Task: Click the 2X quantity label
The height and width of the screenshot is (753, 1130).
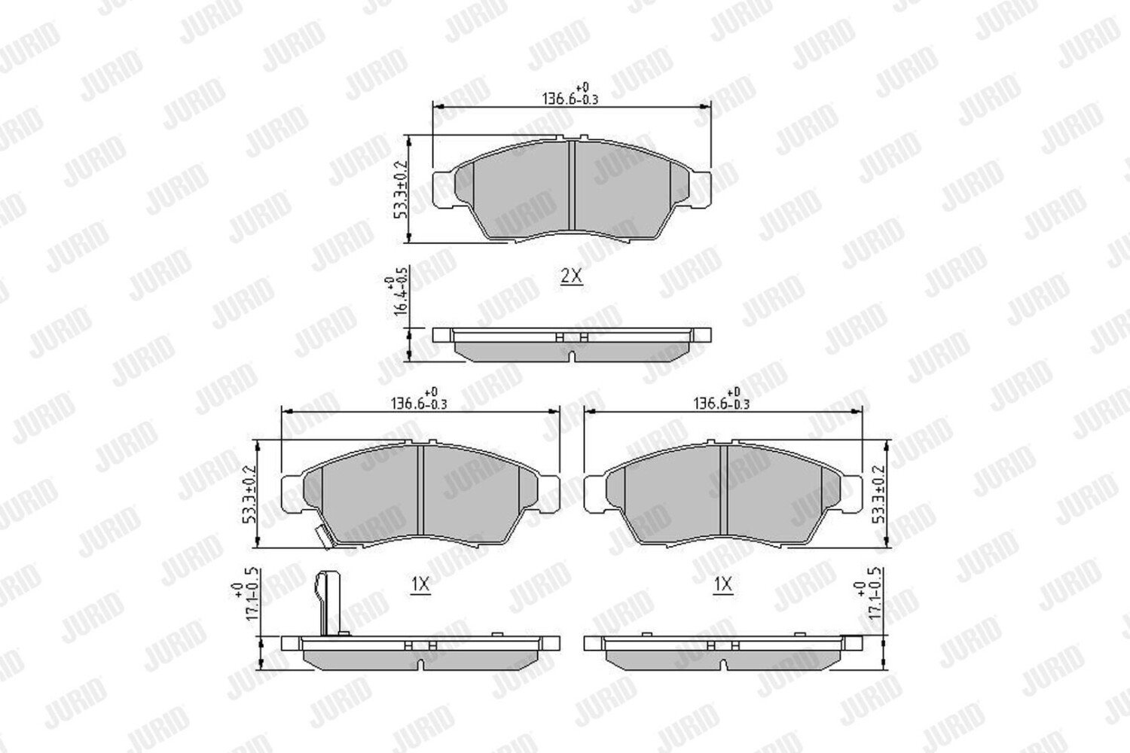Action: click(572, 276)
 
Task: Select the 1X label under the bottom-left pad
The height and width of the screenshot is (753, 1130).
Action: click(420, 584)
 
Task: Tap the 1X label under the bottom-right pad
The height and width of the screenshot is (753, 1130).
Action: click(722, 584)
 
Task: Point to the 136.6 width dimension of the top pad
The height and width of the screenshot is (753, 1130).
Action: click(570, 94)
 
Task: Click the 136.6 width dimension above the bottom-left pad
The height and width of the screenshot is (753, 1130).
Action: click(419, 399)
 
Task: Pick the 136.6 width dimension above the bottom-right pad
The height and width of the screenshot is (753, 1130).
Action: click(722, 399)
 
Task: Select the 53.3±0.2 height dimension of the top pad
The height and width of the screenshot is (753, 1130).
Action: click(399, 189)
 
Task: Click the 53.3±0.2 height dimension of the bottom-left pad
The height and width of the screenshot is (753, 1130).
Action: click(249, 494)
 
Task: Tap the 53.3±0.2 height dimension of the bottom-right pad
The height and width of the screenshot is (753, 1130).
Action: click(879, 494)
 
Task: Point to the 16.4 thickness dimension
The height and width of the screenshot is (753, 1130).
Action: click(396, 296)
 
